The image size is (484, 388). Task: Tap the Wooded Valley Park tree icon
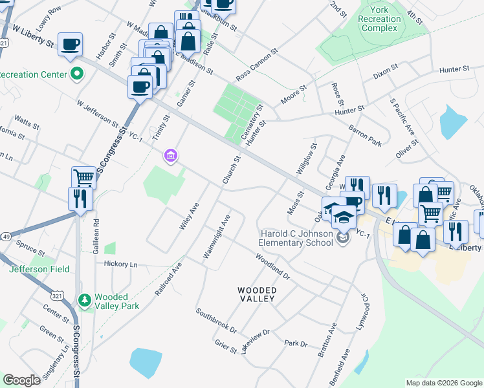(x=84, y=300)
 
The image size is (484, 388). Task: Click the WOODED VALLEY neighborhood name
(x=256, y=295)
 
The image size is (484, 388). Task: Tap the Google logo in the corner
(x=22, y=380)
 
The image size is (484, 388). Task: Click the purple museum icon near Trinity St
(x=171, y=155)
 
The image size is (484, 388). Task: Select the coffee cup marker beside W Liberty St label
(x=70, y=45)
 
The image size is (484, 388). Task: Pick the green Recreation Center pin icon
(x=77, y=74)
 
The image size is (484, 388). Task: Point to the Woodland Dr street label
(x=272, y=266)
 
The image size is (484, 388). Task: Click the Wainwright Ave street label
(x=217, y=237)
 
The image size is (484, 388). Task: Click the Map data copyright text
(x=443, y=383)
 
